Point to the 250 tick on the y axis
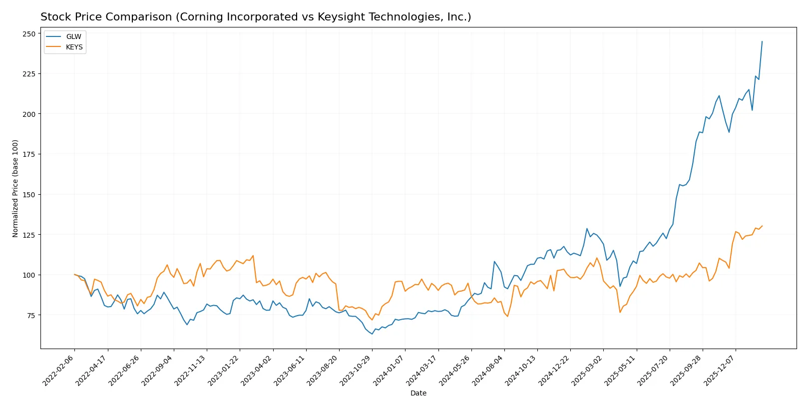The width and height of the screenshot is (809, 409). click(29, 34)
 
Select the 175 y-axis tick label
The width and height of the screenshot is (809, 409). click(29, 154)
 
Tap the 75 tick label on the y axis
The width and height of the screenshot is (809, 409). click(31, 315)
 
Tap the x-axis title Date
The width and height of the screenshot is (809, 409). click(418, 393)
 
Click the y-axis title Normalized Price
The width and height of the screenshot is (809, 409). click(15, 188)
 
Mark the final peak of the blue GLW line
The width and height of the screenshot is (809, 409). click(762, 41)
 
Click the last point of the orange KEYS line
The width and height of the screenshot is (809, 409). click(762, 226)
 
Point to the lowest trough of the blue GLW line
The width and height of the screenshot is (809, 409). click(372, 334)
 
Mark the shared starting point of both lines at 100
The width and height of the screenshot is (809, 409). click(74, 274)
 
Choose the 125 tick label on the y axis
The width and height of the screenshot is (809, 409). click(29, 235)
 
